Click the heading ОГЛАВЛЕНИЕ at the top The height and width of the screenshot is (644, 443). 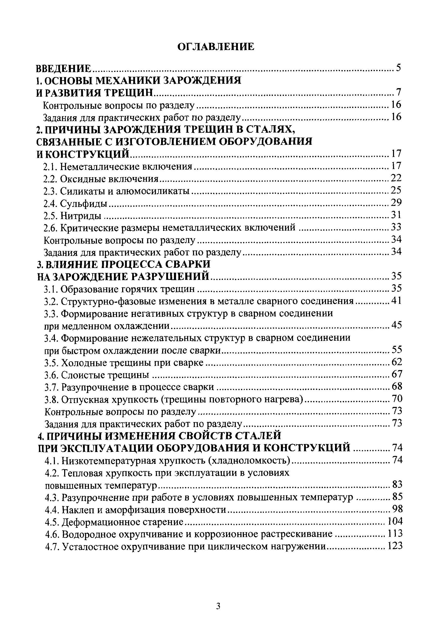click(x=215, y=46)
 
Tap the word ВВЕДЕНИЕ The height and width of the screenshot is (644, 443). click(x=64, y=68)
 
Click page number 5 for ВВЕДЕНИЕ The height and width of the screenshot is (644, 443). click(x=399, y=68)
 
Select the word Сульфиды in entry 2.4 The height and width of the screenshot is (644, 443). click(x=84, y=204)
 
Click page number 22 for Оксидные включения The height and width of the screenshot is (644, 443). click(x=396, y=178)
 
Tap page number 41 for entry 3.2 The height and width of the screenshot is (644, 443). click(x=396, y=301)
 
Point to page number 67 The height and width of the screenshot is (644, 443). click(x=397, y=374)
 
